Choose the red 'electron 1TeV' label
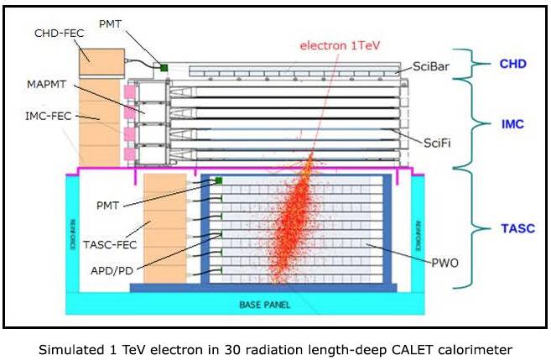[339, 45]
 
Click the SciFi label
[436, 143]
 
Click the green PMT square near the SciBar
[165, 66]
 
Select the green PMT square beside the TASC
[218, 180]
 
